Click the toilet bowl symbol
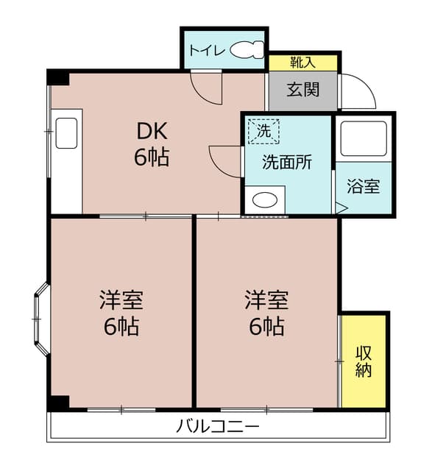click(x=247, y=49)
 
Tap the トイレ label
click(x=207, y=51)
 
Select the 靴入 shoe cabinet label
click(x=302, y=63)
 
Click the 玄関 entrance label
click(x=302, y=90)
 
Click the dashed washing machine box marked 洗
click(x=263, y=131)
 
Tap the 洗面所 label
click(x=287, y=162)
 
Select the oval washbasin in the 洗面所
click(x=265, y=200)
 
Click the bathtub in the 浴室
click(x=364, y=138)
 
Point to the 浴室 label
click(x=364, y=186)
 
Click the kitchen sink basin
click(x=66, y=133)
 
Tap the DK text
click(x=152, y=131)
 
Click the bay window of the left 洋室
click(x=41, y=319)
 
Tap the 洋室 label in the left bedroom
click(x=121, y=300)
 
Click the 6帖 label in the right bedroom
click(x=266, y=327)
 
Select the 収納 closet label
click(x=364, y=361)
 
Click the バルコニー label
click(x=217, y=427)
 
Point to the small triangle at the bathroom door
click(x=341, y=208)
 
